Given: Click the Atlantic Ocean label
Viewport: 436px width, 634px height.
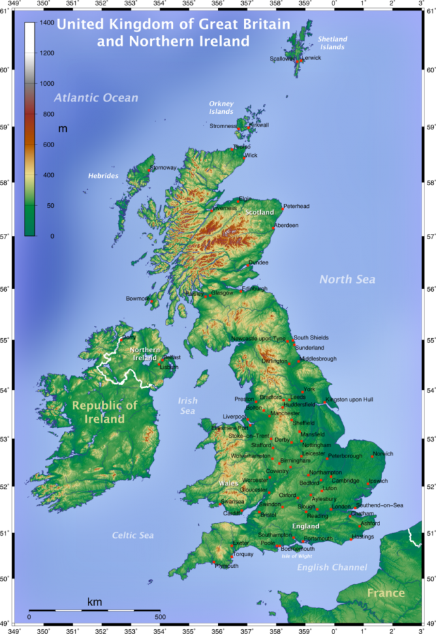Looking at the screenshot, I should (x=96, y=98).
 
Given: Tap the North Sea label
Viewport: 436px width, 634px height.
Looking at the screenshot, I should (x=347, y=279).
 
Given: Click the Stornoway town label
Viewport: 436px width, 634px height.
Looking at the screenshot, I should (x=163, y=168).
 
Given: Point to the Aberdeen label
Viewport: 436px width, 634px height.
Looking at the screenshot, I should (x=286, y=226).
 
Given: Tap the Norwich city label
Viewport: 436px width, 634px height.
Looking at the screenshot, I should (x=384, y=454).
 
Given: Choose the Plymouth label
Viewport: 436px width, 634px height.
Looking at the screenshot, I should (x=227, y=567).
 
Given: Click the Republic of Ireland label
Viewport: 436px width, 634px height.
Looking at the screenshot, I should (x=105, y=412).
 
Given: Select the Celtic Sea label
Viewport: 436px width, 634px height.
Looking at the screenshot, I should (x=134, y=535).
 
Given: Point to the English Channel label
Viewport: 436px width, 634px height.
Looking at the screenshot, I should (x=332, y=567).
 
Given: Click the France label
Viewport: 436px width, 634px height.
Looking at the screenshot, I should (x=386, y=592).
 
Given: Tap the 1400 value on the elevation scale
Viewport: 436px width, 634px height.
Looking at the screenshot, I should (x=47, y=22).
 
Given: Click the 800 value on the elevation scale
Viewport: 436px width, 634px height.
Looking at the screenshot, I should (x=48, y=115).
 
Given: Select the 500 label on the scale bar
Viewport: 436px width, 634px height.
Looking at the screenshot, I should (x=159, y=617).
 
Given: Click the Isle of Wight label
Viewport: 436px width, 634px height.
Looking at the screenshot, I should (x=296, y=556).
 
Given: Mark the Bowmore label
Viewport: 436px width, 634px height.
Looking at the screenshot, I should (x=138, y=299).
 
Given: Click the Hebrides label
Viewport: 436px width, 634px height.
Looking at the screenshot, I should (x=103, y=176).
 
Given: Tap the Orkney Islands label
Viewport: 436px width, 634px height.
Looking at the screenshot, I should (x=221, y=108).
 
